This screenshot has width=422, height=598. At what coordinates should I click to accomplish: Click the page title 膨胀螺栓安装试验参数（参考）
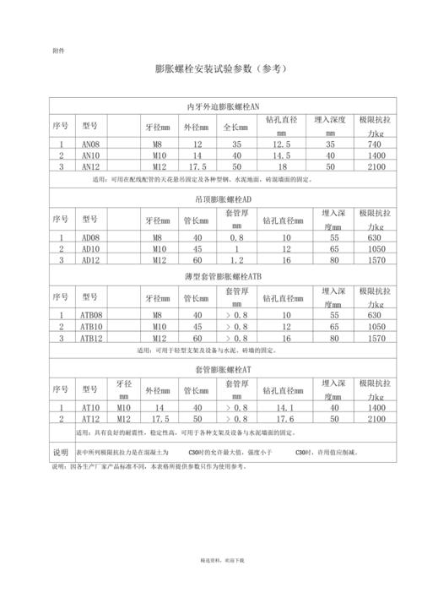(x=210, y=69)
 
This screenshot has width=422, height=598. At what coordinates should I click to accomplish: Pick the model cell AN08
(x=90, y=144)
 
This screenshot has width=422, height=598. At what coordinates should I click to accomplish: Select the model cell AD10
(x=90, y=249)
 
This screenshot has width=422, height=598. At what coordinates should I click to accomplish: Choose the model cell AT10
(x=90, y=407)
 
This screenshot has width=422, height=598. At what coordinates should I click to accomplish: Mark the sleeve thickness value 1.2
(x=236, y=260)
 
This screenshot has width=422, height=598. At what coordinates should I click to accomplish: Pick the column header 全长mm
(x=231, y=127)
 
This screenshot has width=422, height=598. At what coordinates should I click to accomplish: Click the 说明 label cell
(x=61, y=452)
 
